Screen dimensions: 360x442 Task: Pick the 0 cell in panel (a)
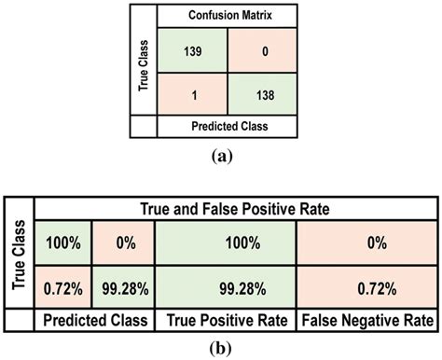click(x=260, y=53)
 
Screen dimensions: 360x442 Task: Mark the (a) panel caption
click(x=218, y=157)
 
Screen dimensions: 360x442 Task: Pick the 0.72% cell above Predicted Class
click(x=61, y=283)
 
